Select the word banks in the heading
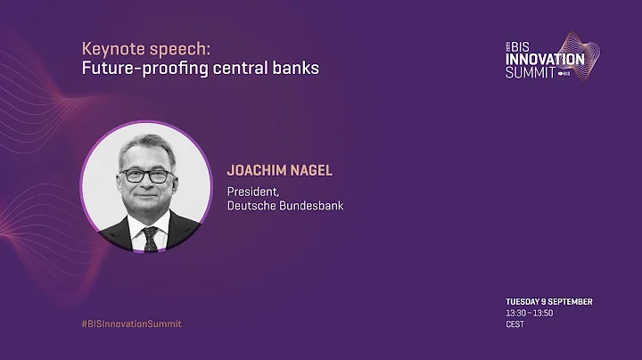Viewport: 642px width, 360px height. (296, 69)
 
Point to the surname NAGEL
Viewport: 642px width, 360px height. (309, 169)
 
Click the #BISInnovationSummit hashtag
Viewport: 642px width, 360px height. (131, 323)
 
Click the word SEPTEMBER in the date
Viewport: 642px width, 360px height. (572, 302)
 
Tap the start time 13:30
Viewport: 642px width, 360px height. (515, 314)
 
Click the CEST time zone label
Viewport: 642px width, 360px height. (514, 325)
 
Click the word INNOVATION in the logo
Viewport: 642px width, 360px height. (544, 60)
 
